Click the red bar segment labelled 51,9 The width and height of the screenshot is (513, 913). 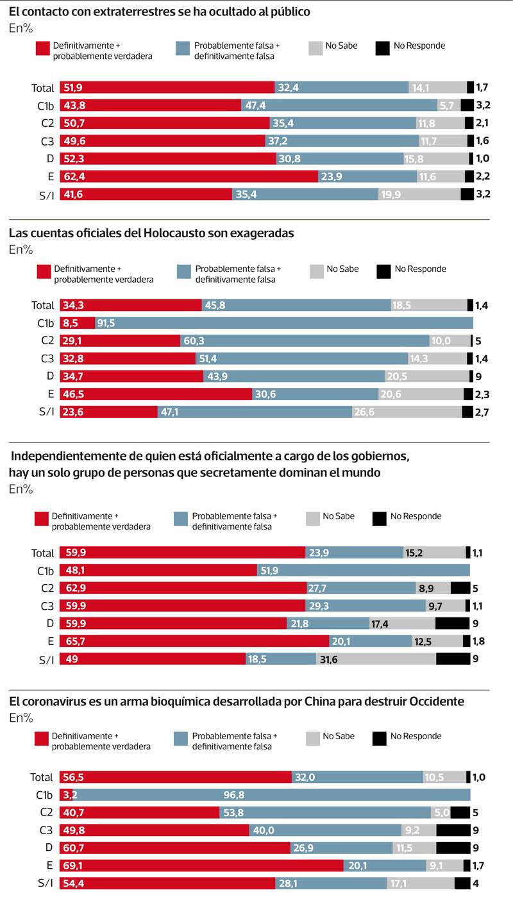click(167, 88)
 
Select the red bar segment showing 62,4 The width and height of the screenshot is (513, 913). click(189, 176)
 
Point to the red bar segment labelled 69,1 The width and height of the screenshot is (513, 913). click(202, 866)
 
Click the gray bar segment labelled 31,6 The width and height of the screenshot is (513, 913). click(376, 658)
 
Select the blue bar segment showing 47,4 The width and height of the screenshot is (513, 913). click(339, 106)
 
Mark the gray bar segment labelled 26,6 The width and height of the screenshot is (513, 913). click(407, 412)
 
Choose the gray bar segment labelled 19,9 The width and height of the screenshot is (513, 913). click(419, 194)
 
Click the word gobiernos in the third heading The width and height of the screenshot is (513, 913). click(378, 456)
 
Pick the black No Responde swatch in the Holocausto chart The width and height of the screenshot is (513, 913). click(383, 272)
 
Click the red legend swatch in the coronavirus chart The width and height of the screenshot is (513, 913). click(42, 739)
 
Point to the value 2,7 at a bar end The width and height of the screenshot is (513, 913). click(482, 412)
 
